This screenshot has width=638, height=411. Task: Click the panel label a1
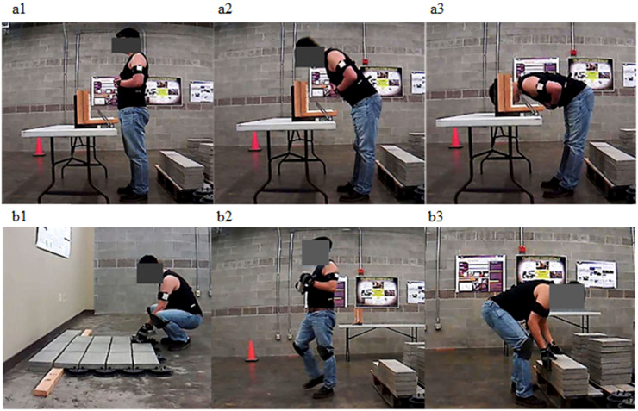(19, 9)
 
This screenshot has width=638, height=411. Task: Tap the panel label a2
(225, 9)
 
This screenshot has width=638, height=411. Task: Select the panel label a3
(437, 9)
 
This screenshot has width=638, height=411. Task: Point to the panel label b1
(19, 216)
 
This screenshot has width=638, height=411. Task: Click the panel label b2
(225, 216)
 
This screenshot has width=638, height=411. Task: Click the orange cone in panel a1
(39, 146)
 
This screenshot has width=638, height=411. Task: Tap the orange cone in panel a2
(254, 141)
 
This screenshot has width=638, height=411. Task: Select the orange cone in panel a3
(455, 138)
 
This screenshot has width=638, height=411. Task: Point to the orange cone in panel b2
(251, 352)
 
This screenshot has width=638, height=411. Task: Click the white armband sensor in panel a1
(141, 69)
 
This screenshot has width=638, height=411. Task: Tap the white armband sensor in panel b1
(166, 296)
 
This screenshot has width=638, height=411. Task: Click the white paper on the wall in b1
(53, 241)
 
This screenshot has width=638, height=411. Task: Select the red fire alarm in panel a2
(365, 62)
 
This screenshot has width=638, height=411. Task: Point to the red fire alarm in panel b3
(522, 249)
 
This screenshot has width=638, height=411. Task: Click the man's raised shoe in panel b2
(313, 382)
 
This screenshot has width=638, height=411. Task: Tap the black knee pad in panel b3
(525, 348)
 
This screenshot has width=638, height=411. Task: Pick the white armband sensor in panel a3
(541, 86)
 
